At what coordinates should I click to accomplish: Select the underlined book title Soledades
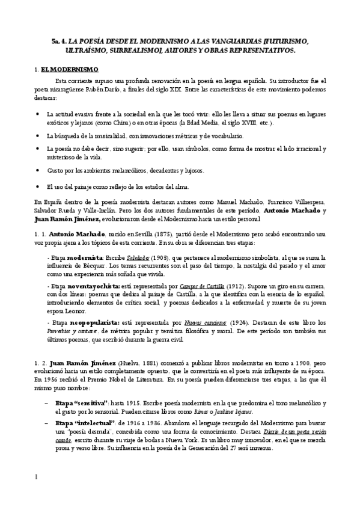(136, 257)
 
